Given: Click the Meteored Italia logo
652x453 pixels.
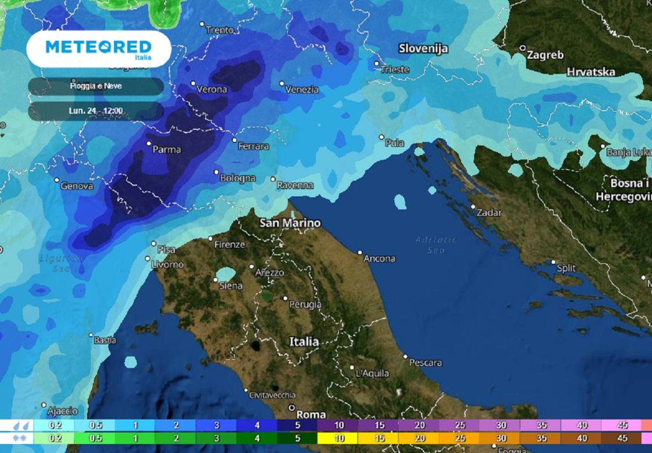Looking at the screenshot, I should click(x=99, y=48).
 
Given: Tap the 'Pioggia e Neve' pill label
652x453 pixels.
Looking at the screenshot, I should click(x=96, y=86).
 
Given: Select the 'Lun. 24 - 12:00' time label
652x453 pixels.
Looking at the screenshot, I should click(x=96, y=111).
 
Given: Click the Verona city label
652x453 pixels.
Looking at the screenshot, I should click(x=211, y=90).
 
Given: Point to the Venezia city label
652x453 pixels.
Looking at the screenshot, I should click(x=302, y=90).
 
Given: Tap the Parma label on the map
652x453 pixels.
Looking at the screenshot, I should click(x=167, y=150).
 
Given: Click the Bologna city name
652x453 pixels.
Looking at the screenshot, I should click(x=237, y=179).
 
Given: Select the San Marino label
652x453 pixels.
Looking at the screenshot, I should click(x=290, y=223).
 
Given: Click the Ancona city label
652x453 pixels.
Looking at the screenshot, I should click(x=379, y=259).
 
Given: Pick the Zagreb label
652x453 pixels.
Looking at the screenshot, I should click(x=545, y=55).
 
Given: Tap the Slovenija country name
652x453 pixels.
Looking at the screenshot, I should click(x=423, y=48).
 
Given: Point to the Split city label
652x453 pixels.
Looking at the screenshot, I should click(x=566, y=268).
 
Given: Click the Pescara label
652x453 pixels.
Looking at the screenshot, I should click(x=425, y=363).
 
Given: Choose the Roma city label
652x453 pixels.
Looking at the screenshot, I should click(x=311, y=414).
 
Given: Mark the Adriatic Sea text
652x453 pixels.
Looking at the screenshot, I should click(x=436, y=245).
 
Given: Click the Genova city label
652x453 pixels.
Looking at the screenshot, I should click(x=76, y=186).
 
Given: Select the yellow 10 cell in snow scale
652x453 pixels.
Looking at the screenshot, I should click(x=338, y=438).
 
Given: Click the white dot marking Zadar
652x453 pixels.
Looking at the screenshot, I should click(x=472, y=206).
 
